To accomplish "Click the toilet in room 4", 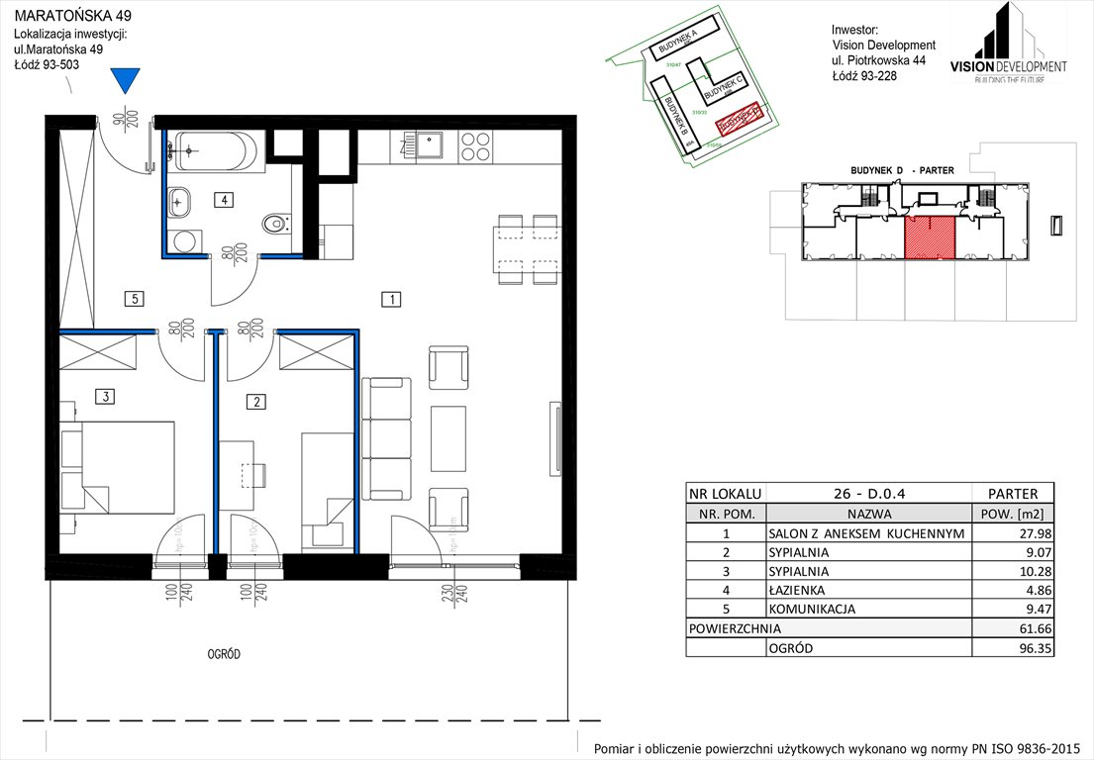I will [x=276, y=225].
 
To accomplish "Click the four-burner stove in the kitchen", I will [x=476, y=146].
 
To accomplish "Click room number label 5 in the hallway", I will [x=135, y=297].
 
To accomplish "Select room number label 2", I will [x=256, y=402].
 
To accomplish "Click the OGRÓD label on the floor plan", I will [x=224, y=654].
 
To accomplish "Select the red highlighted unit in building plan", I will [x=930, y=237].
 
